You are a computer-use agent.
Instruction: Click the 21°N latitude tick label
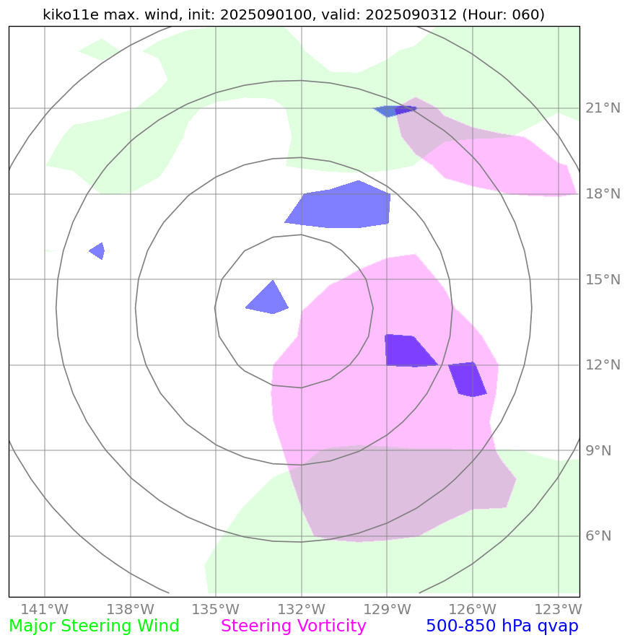[602, 108]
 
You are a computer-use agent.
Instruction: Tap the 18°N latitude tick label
[602, 194]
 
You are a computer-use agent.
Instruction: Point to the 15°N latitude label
[602, 279]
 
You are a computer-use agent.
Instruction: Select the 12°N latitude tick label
[602, 365]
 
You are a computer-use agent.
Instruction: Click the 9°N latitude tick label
[598, 451]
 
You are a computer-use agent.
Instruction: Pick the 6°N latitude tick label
[598, 536]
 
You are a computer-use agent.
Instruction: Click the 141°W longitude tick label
[45, 608]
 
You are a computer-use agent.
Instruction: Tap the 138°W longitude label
[131, 608]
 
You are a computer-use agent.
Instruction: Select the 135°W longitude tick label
[216, 608]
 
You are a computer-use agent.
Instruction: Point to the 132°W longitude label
[302, 608]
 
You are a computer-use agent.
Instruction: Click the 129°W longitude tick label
[387, 608]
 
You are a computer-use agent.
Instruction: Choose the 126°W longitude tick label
[473, 608]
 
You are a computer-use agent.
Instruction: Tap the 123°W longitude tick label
[558, 608]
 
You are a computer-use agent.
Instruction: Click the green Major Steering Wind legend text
[94, 626]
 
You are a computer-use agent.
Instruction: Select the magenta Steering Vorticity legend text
[294, 626]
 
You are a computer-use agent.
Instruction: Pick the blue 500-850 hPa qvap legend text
[502, 626]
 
